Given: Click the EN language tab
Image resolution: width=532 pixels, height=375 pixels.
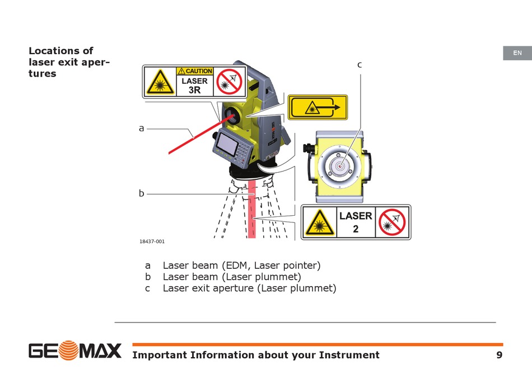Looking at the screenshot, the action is (517, 53).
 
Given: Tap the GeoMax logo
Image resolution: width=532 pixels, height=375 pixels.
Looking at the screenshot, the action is (75, 351).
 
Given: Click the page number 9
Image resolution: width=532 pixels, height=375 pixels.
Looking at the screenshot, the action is (499, 355).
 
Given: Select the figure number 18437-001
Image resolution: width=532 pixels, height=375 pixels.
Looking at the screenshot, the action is (152, 241).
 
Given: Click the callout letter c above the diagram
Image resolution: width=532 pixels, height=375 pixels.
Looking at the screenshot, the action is (360, 65).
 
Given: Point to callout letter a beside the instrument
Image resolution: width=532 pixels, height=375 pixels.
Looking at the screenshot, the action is (142, 129).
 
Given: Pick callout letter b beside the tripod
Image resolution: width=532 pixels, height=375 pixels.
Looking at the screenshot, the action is (142, 193).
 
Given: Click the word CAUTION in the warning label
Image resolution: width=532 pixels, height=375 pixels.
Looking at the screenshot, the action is (198, 71).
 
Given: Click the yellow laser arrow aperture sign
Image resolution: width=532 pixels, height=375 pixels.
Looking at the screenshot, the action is (318, 107).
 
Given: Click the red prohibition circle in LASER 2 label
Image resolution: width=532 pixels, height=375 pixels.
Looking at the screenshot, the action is (393, 222).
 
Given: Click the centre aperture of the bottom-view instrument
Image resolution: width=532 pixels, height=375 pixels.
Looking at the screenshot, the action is (339, 165).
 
